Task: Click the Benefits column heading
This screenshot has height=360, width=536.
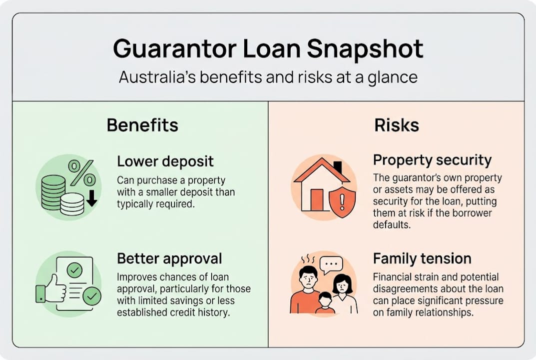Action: tap(142, 125)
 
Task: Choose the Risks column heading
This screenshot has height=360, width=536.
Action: tap(397, 125)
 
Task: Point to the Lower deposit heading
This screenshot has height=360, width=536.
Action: tap(165, 161)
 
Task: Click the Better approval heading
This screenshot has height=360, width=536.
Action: tap(169, 258)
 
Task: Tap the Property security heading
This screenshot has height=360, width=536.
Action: tap(432, 160)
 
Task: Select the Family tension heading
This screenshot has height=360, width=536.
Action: tap(422, 258)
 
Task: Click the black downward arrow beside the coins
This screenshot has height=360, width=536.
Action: tap(91, 197)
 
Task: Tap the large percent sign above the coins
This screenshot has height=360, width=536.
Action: tap(81, 172)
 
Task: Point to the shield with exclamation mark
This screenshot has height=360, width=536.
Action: tap(342, 202)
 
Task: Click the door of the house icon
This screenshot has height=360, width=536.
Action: tap(317, 199)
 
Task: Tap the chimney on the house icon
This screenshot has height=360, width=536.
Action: tap(338, 167)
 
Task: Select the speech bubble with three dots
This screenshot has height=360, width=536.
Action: tap(331, 264)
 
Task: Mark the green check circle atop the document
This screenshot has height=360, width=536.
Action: tap(75, 270)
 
